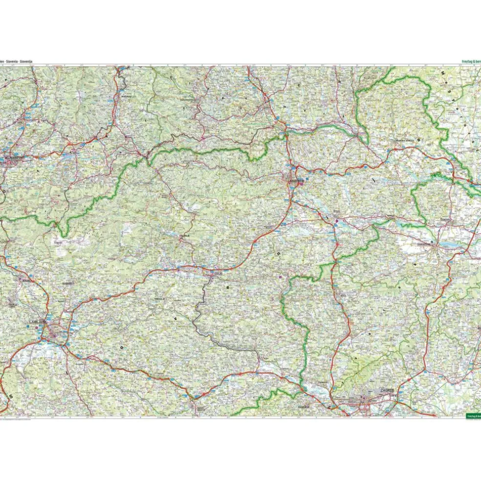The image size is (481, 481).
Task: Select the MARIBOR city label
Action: [297, 180]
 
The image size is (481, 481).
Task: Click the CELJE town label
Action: [218, 273]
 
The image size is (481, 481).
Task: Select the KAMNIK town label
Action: [67, 283]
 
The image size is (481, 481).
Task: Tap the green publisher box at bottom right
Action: [472, 416]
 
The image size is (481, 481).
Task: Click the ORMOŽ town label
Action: [390, 215]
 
